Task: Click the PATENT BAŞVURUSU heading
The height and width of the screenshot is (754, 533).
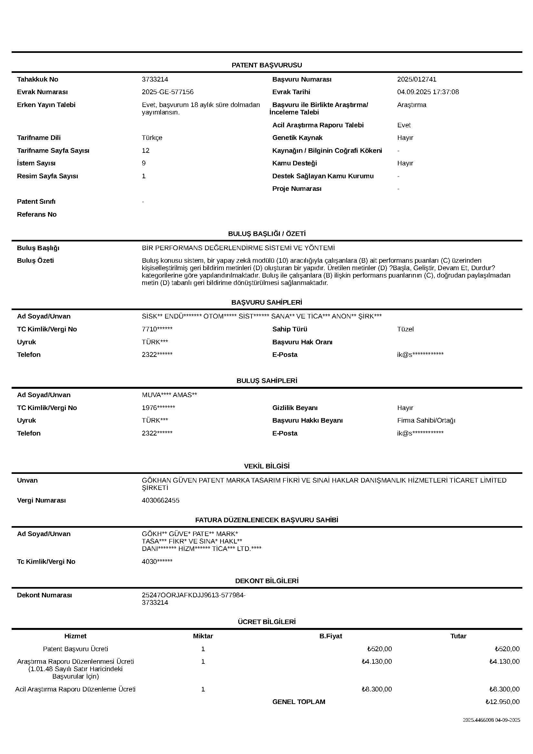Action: pyautogui.click(x=266, y=65)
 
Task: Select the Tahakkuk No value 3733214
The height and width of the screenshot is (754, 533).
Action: pyautogui.click(x=155, y=80)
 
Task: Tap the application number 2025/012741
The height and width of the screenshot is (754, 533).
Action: pyautogui.click(x=416, y=80)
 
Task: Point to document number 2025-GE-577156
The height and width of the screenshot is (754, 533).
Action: pyautogui.click(x=167, y=92)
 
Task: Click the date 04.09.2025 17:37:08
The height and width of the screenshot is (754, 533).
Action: pyautogui.click(x=428, y=92)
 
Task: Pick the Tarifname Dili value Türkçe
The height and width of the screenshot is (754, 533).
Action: pyautogui.click(x=152, y=138)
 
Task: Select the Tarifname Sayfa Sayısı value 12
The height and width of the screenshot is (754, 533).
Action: pyautogui.click(x=145, y=151)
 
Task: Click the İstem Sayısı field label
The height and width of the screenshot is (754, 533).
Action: pyautogui.click(x=36, y=163)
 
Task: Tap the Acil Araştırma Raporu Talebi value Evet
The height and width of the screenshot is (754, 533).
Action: pyautogui.click(x=404, y=125)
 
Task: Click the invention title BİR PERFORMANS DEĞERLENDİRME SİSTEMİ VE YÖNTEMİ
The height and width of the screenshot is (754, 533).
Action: pyautogui.click(x=238, y=248)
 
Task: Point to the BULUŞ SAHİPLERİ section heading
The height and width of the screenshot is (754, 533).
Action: pyautogui.click(x=266, y=381)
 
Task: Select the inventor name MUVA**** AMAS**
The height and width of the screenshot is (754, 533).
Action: pyautogui.click(x=169, y=395)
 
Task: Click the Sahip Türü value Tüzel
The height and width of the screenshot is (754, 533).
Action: pyautogui.click(x=405, y=329)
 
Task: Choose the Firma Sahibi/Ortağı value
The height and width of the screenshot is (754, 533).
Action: pyautogui.click(x=426, y=420)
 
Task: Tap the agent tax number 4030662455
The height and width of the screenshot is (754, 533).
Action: pyautogui.click(x=160, y=501)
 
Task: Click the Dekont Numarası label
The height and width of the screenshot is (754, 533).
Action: pyautogui.click(x=44, y=595)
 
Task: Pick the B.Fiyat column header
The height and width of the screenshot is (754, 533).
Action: pyautogui.click(x=331, y=636)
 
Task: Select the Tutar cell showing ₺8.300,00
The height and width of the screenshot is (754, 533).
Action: pyautogui.click(x=504, y=689)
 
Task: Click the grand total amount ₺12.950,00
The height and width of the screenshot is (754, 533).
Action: pyautogui.click(x=502, y=702)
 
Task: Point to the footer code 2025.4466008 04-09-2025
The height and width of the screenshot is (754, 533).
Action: pyautogui.click(x=491, y=720)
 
